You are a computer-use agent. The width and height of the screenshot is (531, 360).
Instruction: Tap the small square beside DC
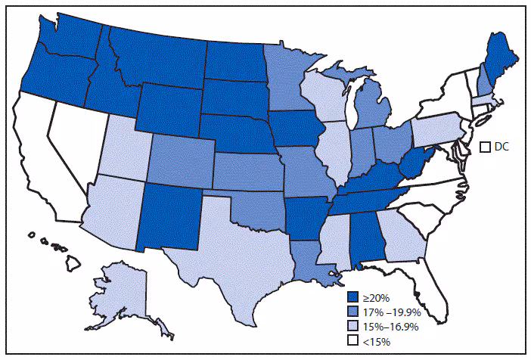pyautogui.click(x=486, y=147)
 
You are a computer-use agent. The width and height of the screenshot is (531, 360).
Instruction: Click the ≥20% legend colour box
pyautogui.click(x=353, y=296)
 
